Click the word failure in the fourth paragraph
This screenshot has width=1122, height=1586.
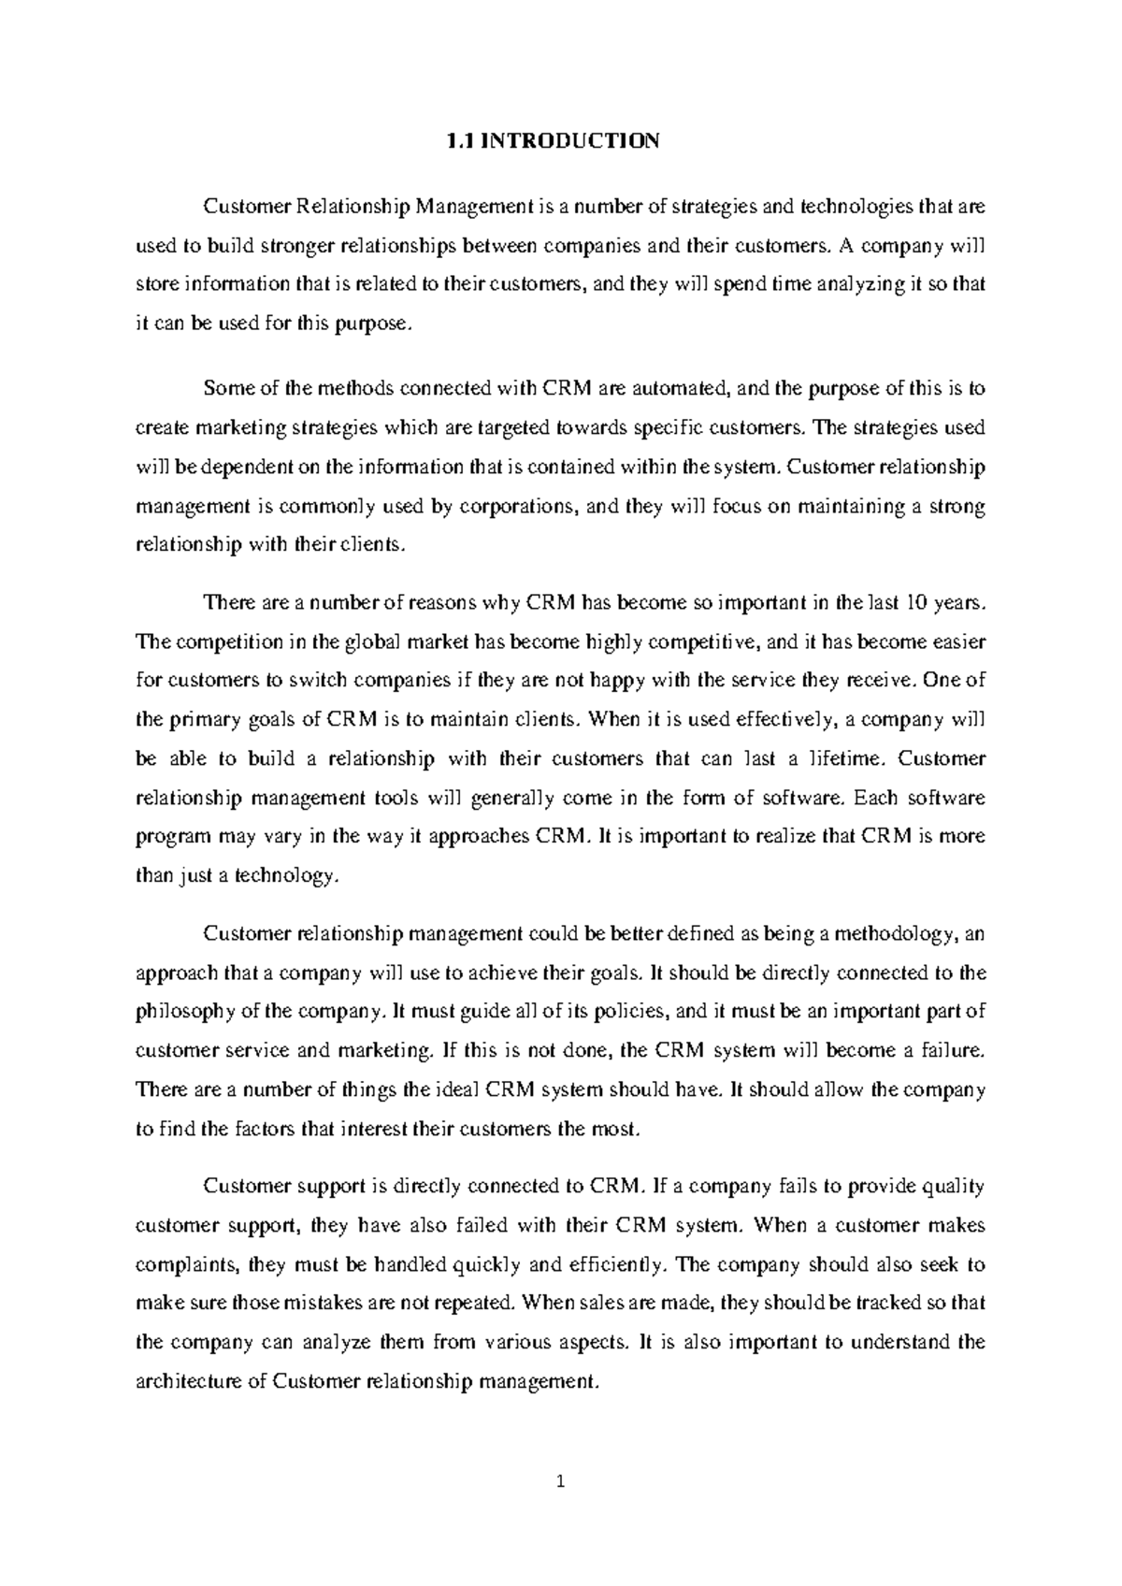point(952,1050)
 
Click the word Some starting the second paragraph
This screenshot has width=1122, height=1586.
point(226,388)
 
